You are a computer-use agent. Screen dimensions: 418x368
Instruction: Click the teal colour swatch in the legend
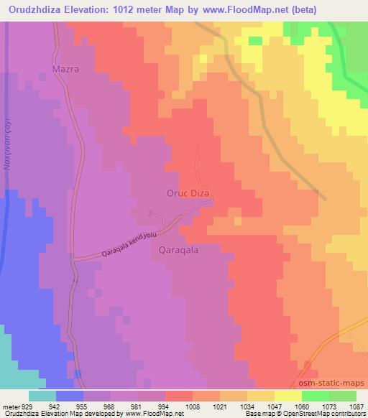[x=42, y=395]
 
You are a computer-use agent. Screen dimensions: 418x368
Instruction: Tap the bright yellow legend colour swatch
[x=287, y=395]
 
